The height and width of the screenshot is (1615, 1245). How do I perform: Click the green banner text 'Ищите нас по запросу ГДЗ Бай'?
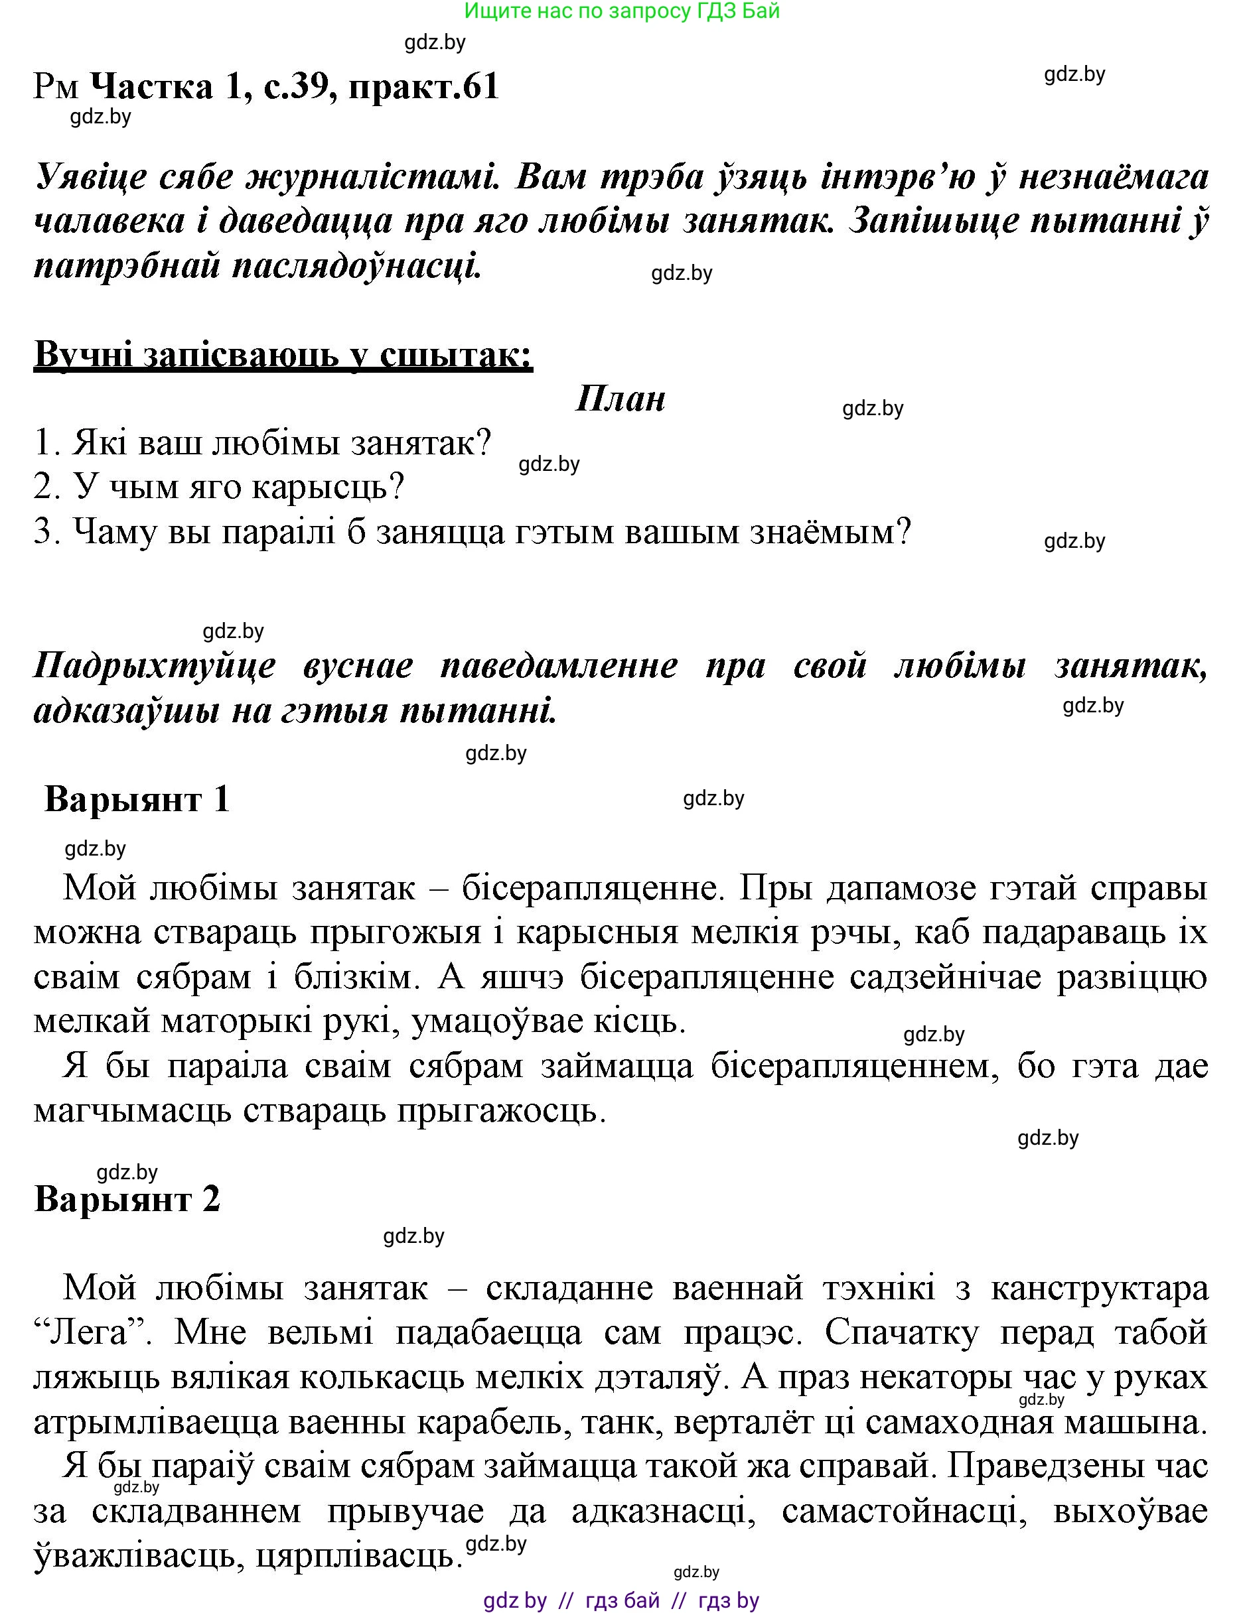tap(622, 11)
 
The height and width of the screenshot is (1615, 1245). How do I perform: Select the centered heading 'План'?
tap(620, 399)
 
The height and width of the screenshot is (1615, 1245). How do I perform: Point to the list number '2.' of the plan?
tap(46, 488)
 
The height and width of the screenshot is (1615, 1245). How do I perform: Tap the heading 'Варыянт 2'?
tap(127, 1198)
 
